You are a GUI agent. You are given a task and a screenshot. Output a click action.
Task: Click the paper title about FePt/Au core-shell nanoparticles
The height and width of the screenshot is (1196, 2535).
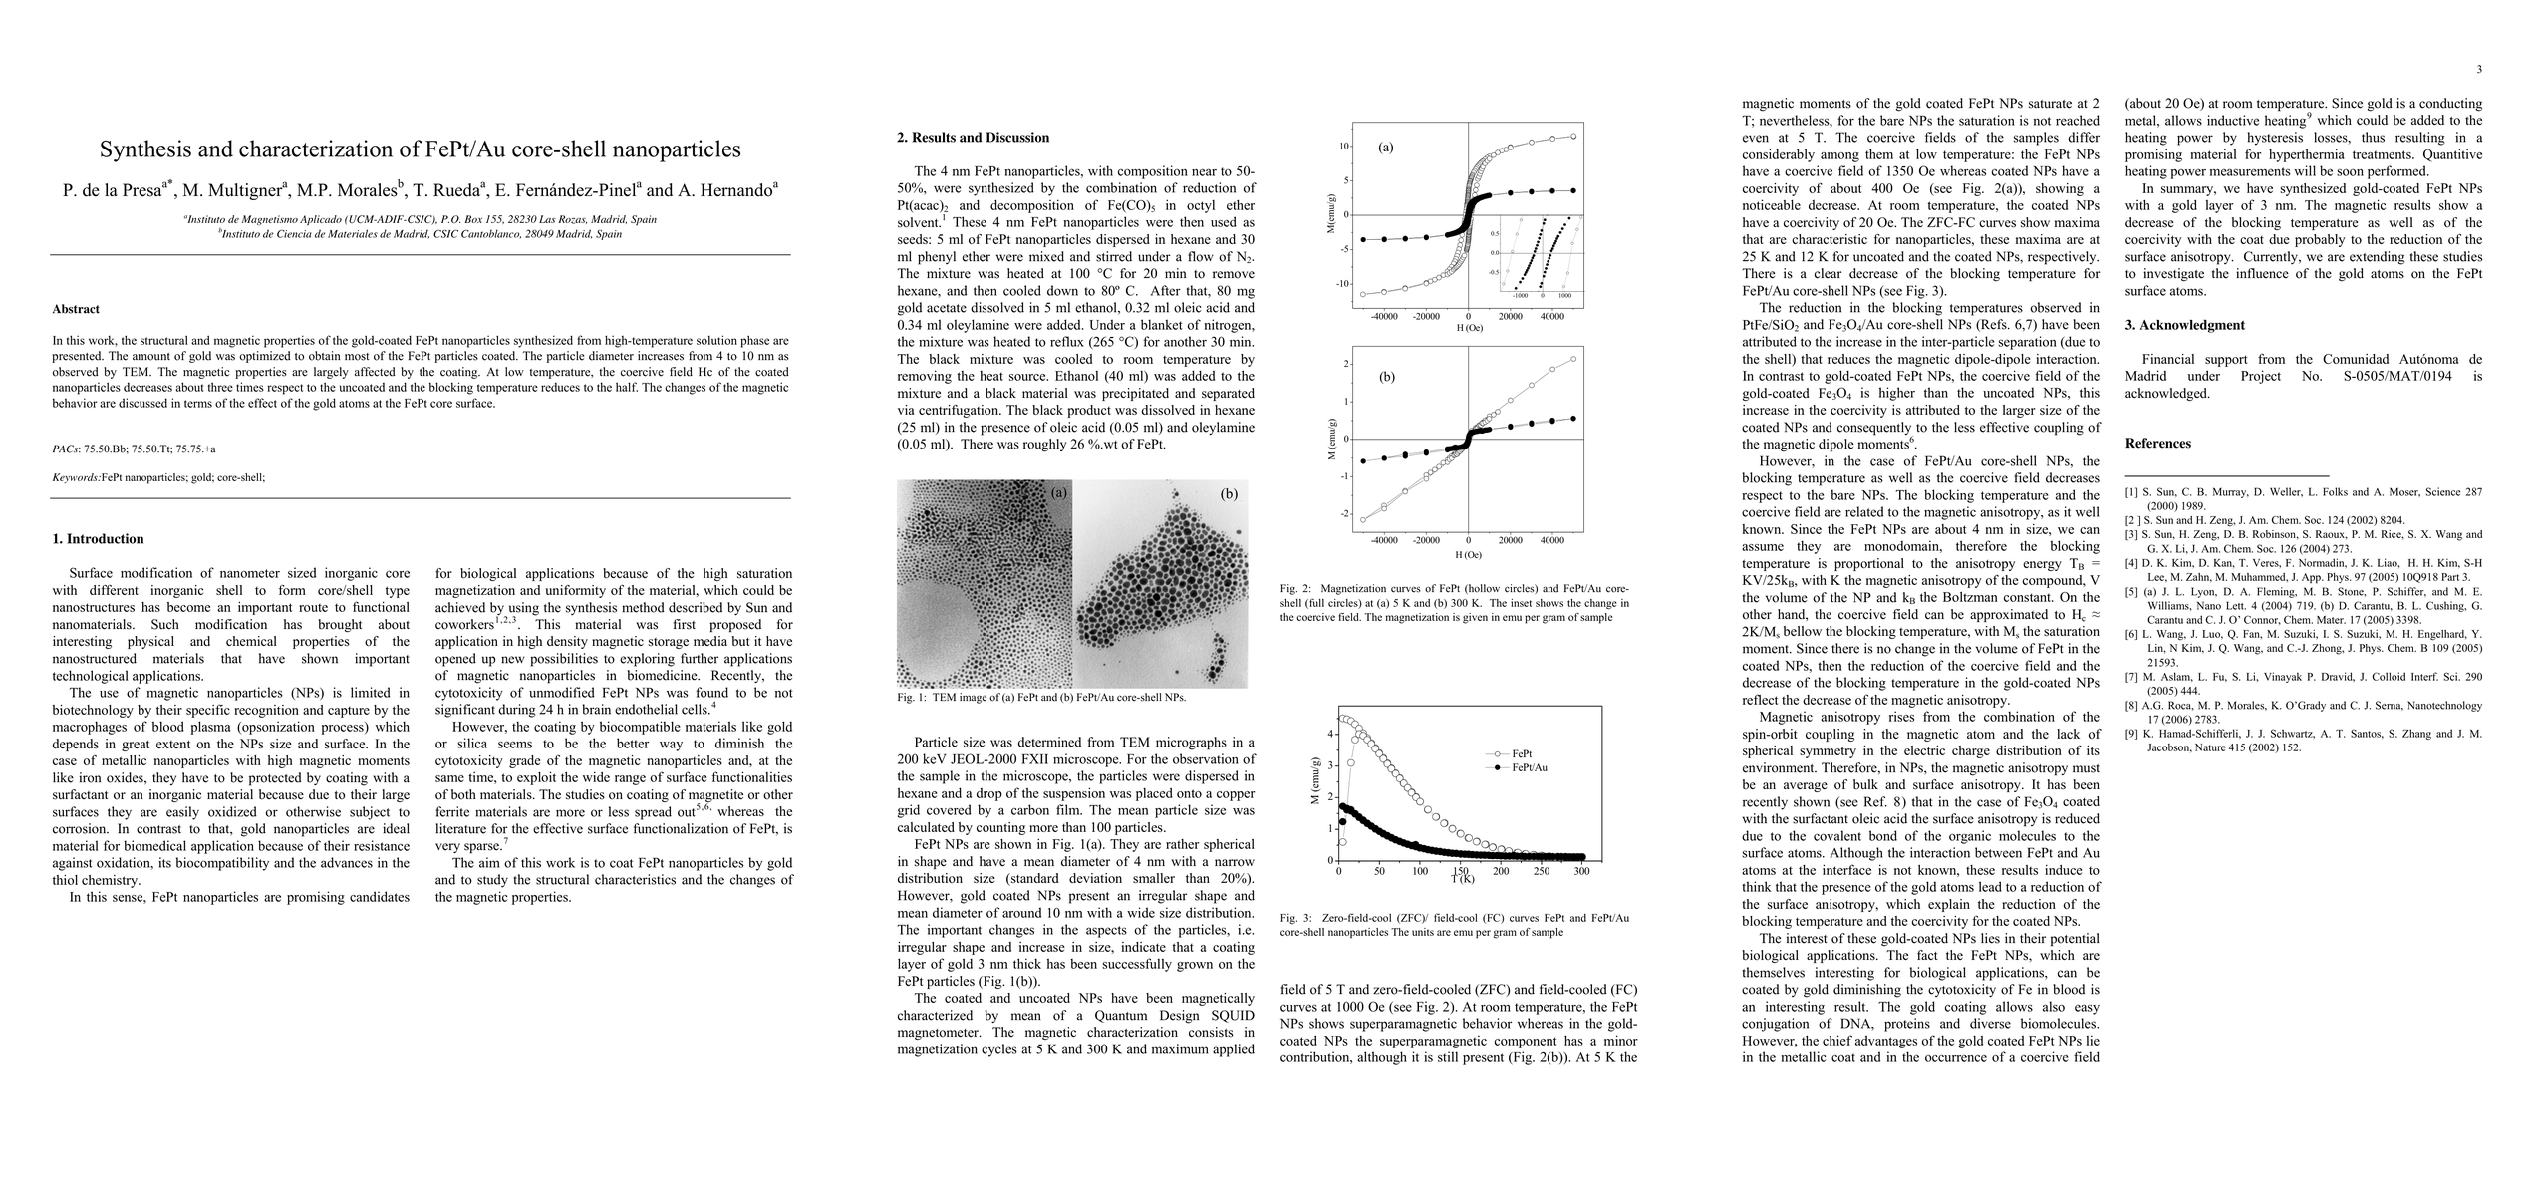point(420,150)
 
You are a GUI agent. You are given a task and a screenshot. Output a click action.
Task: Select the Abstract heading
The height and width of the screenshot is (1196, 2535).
point(76,309)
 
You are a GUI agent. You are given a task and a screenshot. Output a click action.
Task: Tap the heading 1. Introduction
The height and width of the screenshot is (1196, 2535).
point(98,539)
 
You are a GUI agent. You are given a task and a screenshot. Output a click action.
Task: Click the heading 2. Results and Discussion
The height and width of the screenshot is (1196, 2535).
point(973,138)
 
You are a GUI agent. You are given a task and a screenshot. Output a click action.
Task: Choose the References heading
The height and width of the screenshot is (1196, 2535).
point(2157,444)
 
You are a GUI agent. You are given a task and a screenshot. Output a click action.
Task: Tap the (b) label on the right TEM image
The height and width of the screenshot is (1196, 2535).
point(1229,493)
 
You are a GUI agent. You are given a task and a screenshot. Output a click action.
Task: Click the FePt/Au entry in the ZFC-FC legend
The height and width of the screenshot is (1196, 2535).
point(1529,767)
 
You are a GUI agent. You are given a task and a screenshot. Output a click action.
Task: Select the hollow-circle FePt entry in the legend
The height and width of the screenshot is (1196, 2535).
point(1522,753)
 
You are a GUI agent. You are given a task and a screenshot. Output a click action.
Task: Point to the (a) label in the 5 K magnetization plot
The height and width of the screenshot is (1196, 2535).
point(1385,148)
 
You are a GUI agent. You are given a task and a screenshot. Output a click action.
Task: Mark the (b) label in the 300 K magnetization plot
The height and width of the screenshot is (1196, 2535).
point(1387,378)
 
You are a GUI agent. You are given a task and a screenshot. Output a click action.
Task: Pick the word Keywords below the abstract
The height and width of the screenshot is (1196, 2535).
point(76,477)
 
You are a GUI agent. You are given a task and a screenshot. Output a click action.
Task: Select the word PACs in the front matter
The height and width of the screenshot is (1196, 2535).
point(65,449)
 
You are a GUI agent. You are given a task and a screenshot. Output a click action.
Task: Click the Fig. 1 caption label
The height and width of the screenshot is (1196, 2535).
point(912,698)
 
